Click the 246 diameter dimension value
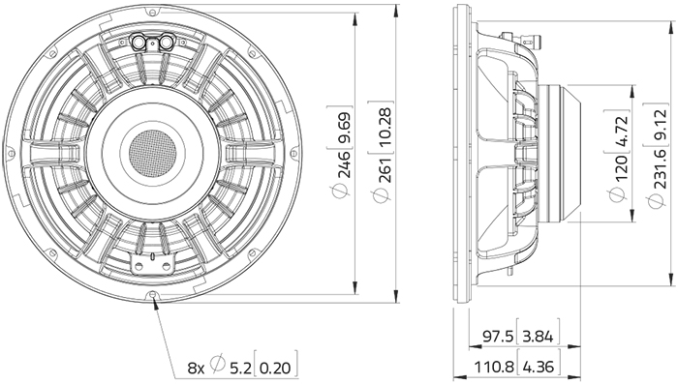click(x=345, y=164)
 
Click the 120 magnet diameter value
click(x=621, y=168)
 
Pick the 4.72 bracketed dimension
click(x=621, y=132)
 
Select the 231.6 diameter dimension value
click(x=661, y=168)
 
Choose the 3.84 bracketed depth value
click(x=538, y=337)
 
